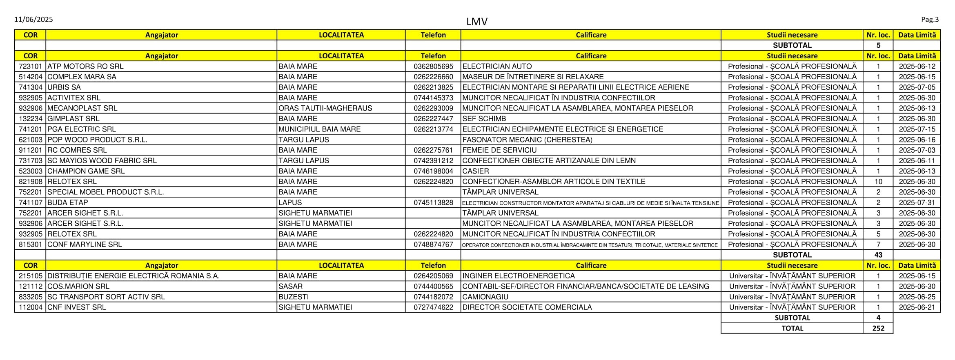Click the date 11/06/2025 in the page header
33,19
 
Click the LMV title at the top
476,21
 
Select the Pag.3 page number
930,19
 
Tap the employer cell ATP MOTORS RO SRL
85,66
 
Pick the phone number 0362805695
433,66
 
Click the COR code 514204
31,77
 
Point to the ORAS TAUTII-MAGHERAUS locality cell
325,108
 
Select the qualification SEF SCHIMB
484,119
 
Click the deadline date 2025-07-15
917,129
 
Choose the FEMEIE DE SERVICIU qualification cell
499,150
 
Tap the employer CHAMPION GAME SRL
86,171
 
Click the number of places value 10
878,182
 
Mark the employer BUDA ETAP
68,202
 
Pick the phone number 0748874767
433,244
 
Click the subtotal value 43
878,255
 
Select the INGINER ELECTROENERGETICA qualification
518,276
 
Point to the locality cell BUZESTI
294,297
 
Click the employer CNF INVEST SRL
76,307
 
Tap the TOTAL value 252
878,328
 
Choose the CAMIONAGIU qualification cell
485,297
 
